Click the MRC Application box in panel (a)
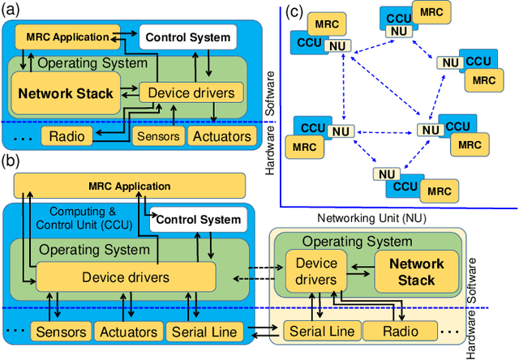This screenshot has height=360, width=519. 66,36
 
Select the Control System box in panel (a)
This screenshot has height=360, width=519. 187,36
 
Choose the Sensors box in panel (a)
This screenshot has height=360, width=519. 157,135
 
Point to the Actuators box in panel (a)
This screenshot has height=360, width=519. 221,135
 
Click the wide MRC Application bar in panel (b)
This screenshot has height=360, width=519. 130,186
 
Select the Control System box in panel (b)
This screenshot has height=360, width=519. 198,219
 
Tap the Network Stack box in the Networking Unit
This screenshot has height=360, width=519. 415,272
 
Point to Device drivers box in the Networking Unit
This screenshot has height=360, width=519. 316,272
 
